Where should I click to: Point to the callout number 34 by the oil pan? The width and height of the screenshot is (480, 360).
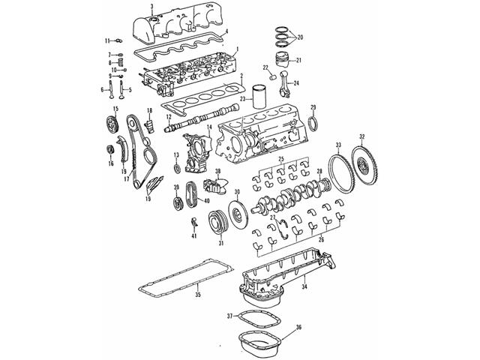coord(304,286)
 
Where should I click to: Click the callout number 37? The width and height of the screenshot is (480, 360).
coord(229,316)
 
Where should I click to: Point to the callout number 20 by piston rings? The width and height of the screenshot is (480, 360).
coord(301,37)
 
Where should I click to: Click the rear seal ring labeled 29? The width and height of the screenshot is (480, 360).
coord(313,122)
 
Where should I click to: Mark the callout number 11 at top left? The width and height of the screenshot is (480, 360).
coord(107,40)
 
